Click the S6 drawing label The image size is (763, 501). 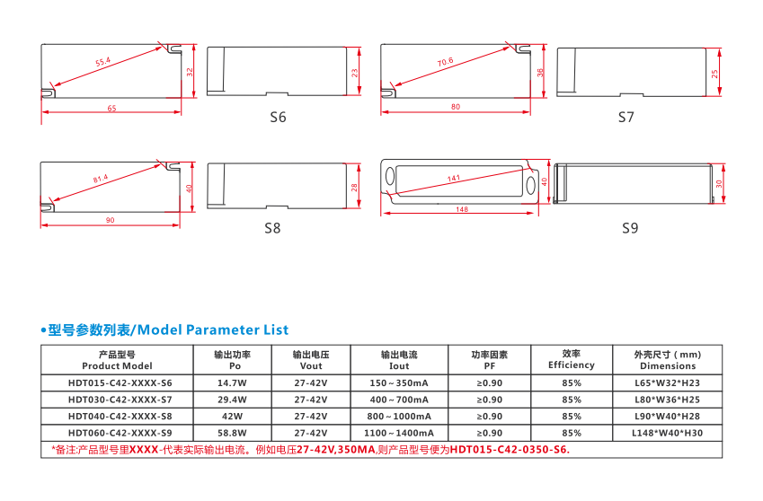(278, 117)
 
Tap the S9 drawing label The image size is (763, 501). (630, 228)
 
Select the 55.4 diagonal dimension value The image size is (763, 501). (103, 62)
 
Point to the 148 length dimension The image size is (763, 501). (462, 209)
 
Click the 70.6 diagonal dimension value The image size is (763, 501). (445, 62)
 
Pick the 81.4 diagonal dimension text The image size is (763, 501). (101, 179)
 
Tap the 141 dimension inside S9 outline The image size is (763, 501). (454, 179)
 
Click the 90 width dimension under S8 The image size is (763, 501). (110, 220)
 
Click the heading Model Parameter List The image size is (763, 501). (213, 330)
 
